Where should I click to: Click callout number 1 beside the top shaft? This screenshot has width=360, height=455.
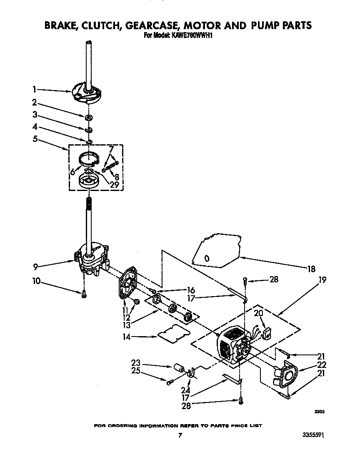click(x=35, y=89)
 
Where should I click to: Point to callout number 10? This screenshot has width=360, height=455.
click(x=37, y=282)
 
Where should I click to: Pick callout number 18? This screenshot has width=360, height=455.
click(x=312, y=269)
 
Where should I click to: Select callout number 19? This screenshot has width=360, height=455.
click(x=322, y=280)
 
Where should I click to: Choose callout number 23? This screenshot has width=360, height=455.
click(x=135, y=362)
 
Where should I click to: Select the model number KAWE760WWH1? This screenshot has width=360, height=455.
click(x=190, y=35)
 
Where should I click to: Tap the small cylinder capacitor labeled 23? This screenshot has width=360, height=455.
click(x=180, y=368)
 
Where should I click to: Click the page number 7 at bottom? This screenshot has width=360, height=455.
click(x=180, y=435)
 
